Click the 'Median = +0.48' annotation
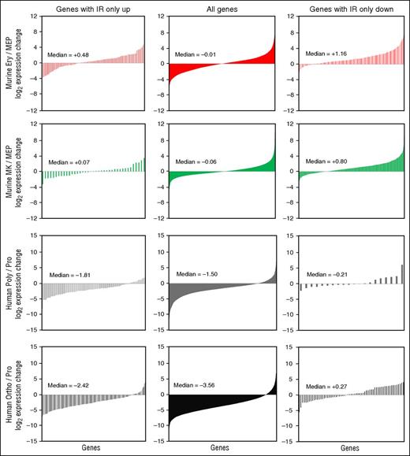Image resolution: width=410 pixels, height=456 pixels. point(70,55)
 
